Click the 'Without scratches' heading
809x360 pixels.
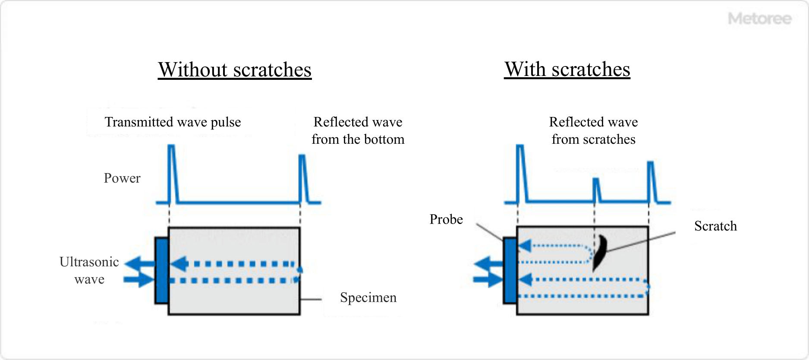coord(234,70)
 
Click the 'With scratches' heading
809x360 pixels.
coord(567,69)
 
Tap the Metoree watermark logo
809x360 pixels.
coord(759,19)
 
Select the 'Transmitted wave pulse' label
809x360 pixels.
coord(173,122)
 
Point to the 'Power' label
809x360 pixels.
coord(122,178)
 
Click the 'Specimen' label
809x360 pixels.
coord(368,297)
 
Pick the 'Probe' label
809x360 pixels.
coord(446,219)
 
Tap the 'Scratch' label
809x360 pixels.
coord(715,226)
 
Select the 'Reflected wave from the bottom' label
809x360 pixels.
coord(358,131)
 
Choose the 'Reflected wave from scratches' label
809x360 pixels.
coord(593,131)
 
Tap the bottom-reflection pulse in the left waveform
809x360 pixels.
coord(302,175)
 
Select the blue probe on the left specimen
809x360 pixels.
coord(162,271)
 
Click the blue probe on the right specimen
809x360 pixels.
coord(510,271)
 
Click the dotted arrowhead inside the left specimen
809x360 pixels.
coord(179,264)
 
